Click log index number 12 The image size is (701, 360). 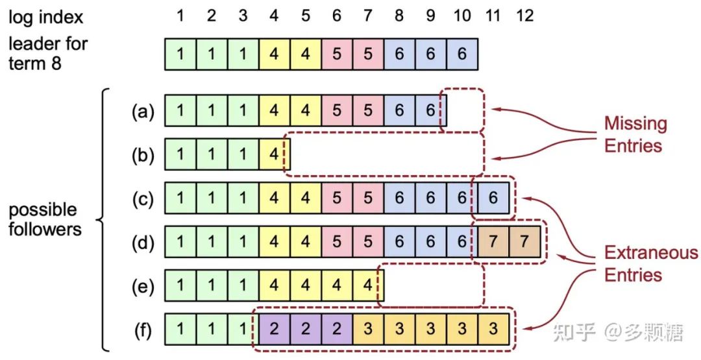524,16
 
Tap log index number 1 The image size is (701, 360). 180,16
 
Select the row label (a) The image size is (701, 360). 143,112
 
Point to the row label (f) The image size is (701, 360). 143,331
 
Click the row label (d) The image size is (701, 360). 143,243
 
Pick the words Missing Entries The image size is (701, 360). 635,134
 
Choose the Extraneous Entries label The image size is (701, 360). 650,263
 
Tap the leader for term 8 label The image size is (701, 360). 48,53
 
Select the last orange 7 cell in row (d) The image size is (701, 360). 524,243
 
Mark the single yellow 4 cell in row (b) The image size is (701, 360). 274,155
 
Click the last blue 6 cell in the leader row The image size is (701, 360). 461,54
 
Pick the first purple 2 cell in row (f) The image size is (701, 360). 274,330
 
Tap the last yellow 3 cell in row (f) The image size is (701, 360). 493,330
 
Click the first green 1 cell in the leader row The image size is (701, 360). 180,54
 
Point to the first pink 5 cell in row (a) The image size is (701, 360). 337,112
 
